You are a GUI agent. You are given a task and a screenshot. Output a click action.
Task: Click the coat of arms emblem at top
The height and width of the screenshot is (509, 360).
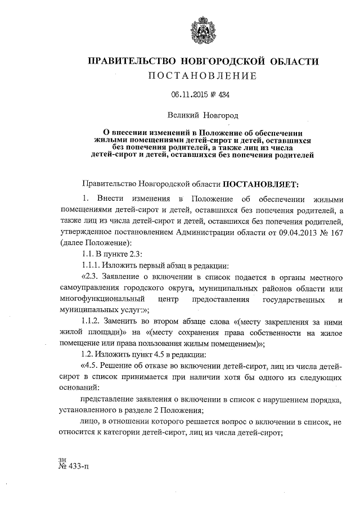pos(199,31)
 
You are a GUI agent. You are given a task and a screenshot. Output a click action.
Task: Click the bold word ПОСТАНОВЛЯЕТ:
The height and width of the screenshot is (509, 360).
pos(262,183)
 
